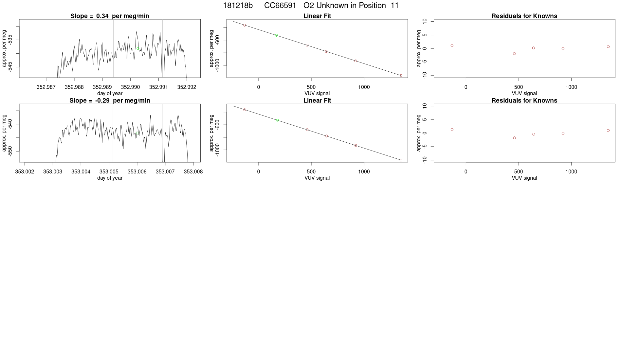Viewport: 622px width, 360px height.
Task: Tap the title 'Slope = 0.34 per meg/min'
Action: tap(110, 16)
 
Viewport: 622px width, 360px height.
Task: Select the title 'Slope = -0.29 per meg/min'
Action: tap(110, 100)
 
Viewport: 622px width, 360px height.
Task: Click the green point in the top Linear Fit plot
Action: tap(276, 35)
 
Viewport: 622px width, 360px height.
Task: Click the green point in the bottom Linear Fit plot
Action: tap(277, 120)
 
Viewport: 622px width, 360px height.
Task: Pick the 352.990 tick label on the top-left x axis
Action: tap(130, 87)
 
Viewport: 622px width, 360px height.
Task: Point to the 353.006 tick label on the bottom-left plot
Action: tap(137, 171)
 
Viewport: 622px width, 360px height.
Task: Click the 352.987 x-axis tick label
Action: tap(46, 87)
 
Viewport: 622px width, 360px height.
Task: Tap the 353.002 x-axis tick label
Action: tap(25, 171)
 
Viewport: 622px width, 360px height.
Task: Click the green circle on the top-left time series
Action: tap(138, 48)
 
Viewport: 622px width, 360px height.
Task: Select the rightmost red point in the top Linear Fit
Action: tap(401, 76)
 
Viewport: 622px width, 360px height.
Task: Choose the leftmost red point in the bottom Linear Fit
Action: tap(245, 110)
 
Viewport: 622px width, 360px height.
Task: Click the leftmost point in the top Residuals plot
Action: tap(452, 46)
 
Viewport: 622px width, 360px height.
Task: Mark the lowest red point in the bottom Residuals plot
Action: tap(514, 138)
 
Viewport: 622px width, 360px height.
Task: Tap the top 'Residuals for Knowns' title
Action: tap(524, 16)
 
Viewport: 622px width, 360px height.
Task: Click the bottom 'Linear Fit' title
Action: tap(317, 100)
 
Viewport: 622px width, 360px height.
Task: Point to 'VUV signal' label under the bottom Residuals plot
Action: tap(524, 178)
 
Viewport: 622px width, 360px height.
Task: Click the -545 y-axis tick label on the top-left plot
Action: tap(10, 67)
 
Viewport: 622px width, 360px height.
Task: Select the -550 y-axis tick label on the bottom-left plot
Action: tap(10, 151)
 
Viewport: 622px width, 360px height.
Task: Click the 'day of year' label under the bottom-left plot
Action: tap(110, 178)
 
